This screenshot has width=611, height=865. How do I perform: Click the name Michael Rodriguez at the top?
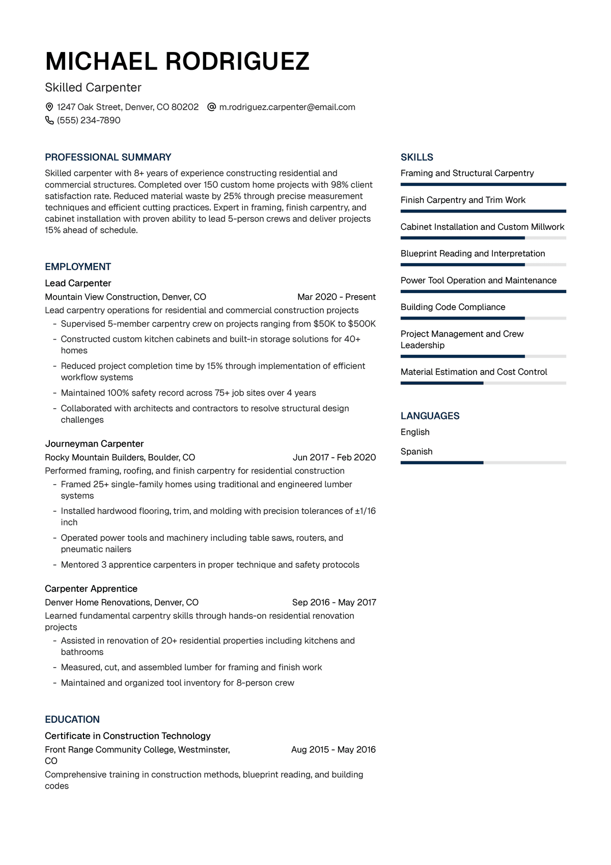(177, 61)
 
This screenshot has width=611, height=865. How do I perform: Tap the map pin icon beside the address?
(49, 107)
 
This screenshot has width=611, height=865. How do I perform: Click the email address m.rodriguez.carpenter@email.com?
(287, 107)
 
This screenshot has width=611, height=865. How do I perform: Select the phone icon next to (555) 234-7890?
(49, 120)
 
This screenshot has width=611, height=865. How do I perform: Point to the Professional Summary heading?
(108, 157)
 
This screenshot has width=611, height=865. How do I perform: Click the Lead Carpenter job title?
(78, 283)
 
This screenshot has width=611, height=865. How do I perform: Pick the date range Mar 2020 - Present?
(336, 297)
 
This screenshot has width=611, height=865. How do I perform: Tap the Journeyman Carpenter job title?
(94, 443)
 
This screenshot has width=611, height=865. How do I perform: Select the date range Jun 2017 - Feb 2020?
(334, 457)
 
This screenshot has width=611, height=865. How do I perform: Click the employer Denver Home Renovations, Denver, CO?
(122, 602)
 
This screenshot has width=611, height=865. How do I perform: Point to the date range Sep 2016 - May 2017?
(334, 602)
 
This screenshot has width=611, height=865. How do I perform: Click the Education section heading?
(72, 719)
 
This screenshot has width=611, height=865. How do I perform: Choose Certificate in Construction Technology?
(128, 736)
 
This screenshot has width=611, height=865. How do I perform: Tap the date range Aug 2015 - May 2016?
(334, 749)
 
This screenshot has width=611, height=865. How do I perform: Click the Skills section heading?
(417, 157)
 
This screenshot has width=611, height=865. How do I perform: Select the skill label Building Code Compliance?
(453, 307)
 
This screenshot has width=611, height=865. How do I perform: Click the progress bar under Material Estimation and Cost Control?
(483, 383)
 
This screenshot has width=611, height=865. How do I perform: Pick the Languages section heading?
(430, 416)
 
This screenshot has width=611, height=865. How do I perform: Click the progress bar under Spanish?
(483, 463)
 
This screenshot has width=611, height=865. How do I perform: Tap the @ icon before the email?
(212, 107)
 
